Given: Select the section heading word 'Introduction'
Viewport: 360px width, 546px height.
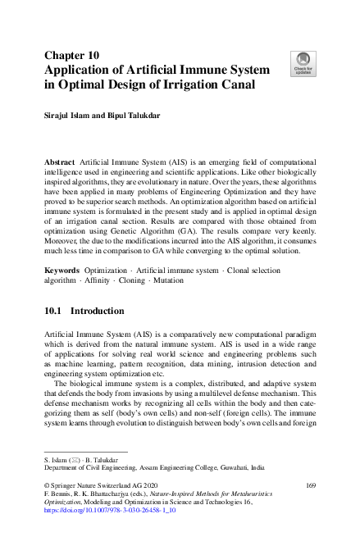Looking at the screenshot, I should pos(98,289).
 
